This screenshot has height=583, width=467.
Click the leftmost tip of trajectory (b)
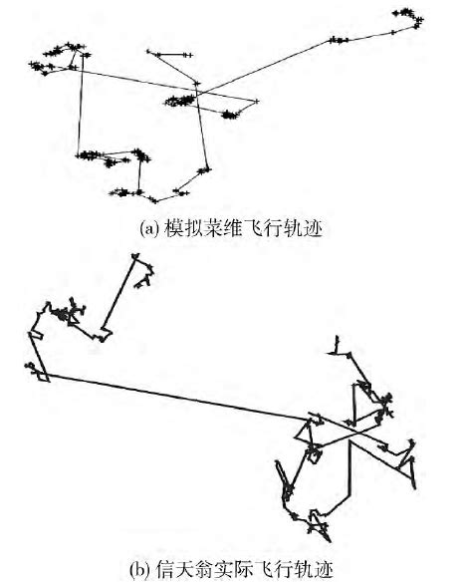(25, 369)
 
